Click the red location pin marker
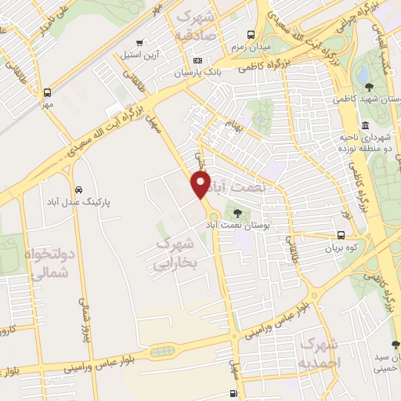[201, 185]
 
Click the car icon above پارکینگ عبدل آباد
[79, 190]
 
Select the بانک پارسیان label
[198, 73]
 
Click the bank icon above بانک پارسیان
[198, 60]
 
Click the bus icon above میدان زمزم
[251, 34]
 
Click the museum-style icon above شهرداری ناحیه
[365, 125]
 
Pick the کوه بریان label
[339, 247]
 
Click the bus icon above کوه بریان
[339, 235]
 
